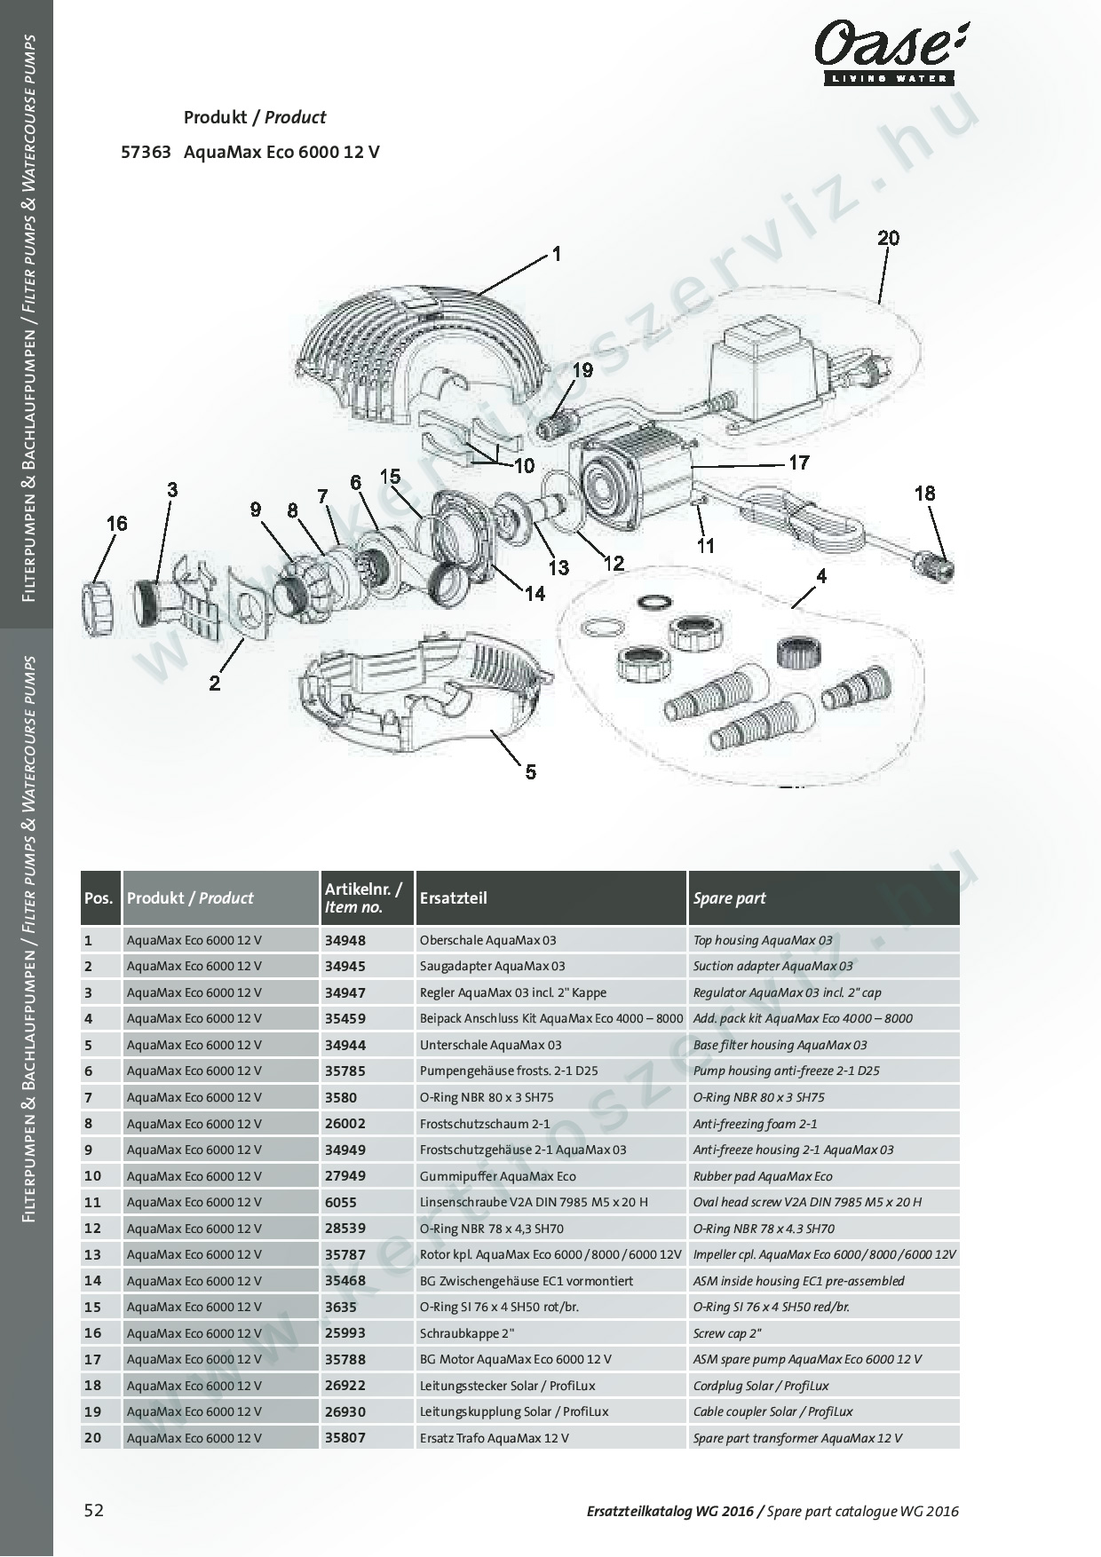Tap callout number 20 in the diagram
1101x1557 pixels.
point(888,238)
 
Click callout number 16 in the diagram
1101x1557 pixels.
point(117,524)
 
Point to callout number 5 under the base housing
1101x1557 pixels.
point(530,771)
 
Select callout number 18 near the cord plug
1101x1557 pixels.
point(924,494)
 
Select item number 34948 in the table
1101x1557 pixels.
point(345,940)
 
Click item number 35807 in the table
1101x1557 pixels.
point(345,1438)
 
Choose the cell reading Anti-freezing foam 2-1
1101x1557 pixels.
point(755,1124)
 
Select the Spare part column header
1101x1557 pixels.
point(730,897)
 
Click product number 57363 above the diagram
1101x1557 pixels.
point(146,152)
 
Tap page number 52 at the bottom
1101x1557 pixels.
point(93,1510)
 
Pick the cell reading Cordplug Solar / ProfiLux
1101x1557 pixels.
point(772,1386)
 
